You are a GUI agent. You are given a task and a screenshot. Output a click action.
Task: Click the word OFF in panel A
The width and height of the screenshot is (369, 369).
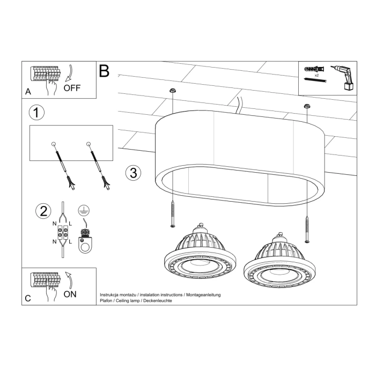(x=72, y=88)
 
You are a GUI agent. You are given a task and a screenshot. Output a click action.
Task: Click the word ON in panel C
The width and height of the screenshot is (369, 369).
(x=70, y=294)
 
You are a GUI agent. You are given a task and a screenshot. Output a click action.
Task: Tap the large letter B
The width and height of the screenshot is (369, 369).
(x=104, y=71)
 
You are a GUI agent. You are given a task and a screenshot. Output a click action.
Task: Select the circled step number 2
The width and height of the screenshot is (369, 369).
(x=42, y=211)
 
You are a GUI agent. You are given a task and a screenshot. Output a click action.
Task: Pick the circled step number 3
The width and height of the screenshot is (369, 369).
(x=134, y=173)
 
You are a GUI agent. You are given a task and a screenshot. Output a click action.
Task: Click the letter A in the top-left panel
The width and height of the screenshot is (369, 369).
(x=28, y=92)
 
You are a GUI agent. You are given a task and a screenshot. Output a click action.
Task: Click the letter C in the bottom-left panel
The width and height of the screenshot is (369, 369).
(x=28, y=298)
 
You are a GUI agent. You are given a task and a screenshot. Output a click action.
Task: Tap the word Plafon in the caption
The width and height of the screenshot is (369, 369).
(x=106, y=301)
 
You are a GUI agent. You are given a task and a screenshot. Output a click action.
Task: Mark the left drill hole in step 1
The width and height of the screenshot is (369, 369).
(x=54, y=144)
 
